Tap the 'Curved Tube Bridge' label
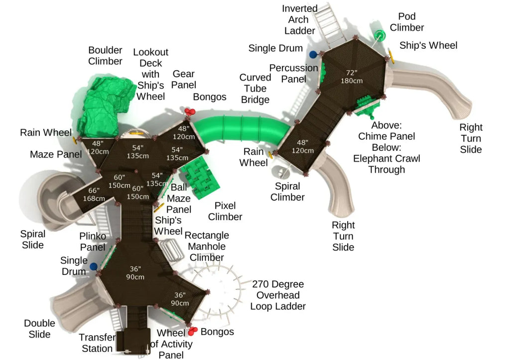(255, 89)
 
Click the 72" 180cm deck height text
(351, 77)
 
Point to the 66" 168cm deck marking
(94, 194)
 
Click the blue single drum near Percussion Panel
(313, 55)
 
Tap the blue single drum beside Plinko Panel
(94, 267)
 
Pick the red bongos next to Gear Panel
(190, 112)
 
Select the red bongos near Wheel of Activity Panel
(193, 331)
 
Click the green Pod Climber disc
(379, 35)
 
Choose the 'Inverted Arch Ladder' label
(299, 19)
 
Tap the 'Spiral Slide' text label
(32, 240)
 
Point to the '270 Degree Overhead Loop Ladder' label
(278, 295)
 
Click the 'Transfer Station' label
(97, 343)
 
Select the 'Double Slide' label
(39, 329)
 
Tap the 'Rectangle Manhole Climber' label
(207, 246)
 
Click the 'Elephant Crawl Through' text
(386, 164)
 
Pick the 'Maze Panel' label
(56, 154)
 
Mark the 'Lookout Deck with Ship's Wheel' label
(150, 74)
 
